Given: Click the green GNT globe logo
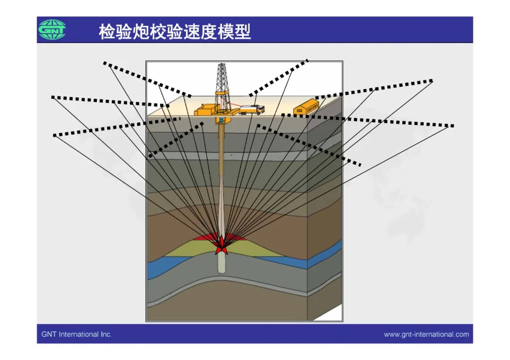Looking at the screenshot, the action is pos(52,30).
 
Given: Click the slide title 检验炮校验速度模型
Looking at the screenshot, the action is pos(175,32).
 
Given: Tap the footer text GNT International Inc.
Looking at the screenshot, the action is pos(76,334).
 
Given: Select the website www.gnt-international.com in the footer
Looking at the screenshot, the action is pos(426,334).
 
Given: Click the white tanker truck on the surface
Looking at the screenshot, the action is pos(252,109).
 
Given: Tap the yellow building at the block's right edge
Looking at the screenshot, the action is pos(306,107).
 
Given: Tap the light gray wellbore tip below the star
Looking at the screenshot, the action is pos(222,264).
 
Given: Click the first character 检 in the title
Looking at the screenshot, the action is pos(107,32).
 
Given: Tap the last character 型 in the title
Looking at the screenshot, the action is pos(243,32).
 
